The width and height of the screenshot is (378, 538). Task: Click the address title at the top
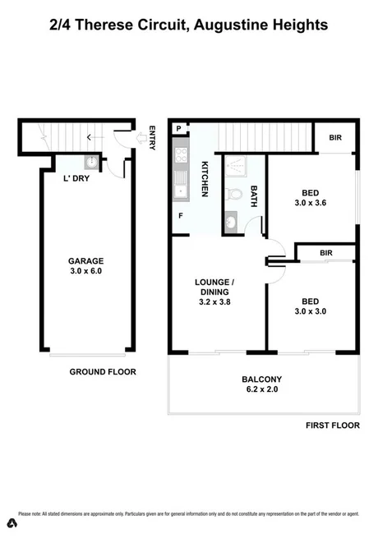[189, 25]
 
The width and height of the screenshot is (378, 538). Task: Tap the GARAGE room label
[85, 260]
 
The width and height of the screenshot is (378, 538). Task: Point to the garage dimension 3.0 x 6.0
[85, 270]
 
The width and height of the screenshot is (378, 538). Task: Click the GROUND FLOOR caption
[103, 371]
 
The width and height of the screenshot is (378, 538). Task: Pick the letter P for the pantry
[178, 129]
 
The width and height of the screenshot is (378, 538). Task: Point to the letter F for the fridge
[180, 215]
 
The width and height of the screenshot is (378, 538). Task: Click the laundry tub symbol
[92, 163]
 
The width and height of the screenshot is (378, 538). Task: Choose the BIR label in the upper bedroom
[337, 138]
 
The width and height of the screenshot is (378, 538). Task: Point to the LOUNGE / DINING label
[215, 286]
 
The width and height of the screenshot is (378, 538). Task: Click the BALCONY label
[262, 379]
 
